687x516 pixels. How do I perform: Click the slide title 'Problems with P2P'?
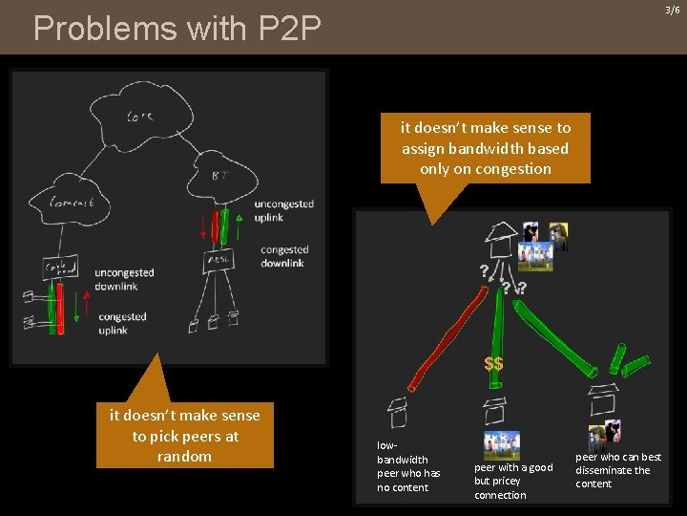point(177,29)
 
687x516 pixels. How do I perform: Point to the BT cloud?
point(219,175)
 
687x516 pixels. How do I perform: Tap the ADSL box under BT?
point(217,261)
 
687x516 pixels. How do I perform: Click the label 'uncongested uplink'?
point(283,210)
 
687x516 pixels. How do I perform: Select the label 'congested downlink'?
point(284,256)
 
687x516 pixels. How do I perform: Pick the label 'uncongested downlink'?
point(124,279)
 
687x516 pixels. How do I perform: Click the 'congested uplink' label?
point(122,323)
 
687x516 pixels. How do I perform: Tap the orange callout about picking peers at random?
point(184,436)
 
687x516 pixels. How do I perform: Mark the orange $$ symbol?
point(493,364)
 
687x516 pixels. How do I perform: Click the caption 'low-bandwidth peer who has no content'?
point(408,466)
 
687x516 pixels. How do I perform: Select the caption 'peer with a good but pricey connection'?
point(513,481)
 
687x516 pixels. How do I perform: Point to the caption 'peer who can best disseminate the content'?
point(618,470)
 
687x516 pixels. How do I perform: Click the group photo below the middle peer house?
point(502,445)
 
